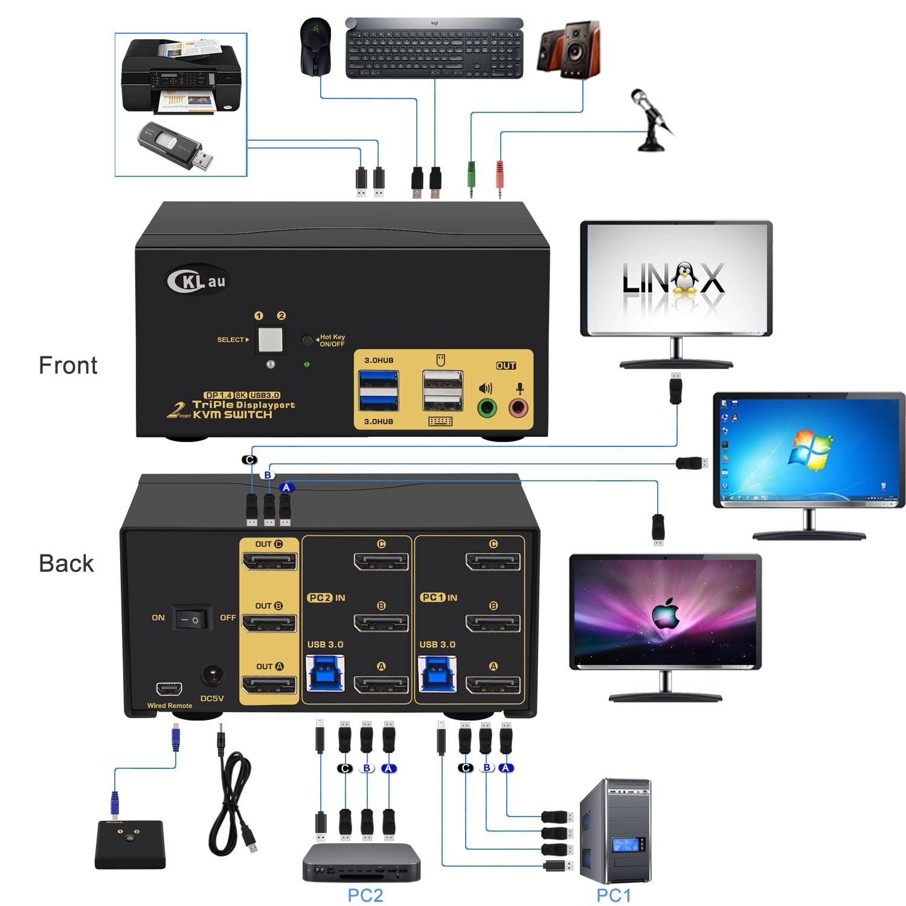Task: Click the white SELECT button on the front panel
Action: tap(270, 339)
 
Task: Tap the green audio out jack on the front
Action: tap(487, 408)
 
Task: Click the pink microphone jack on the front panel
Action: tap(518, 408)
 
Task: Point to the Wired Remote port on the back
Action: tap(169, 689)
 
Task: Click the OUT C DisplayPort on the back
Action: tap(269, 562)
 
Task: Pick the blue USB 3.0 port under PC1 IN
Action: tap(437, 674)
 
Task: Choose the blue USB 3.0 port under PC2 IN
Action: tap(326, 674)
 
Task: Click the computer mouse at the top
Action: tap(315, 47)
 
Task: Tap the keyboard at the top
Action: tap(434, 48)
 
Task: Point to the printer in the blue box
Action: tap(181, 77)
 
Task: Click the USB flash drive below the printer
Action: tap(176, 146)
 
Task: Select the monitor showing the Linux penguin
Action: tap(676, 278)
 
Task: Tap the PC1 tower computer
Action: tap(615, 832)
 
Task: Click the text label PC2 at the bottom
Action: tap(365, 895)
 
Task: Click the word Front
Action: tap(68, 365)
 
